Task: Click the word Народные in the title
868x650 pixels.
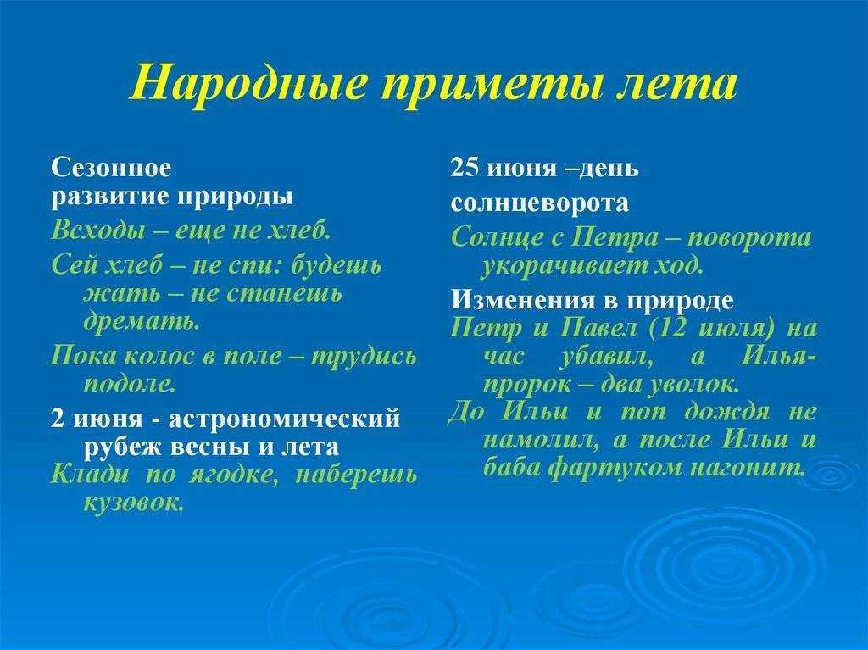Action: pos(250,82)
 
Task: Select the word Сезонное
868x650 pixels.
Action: pos(111,167)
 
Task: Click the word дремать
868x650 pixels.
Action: pos(142,321)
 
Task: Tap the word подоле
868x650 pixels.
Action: pos(130,384)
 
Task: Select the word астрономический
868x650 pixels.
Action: pos(284,418)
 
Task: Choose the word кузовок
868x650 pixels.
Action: pos(133,503)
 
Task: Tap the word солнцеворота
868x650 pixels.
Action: pos(540,203)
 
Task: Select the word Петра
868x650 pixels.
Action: pos(615,237)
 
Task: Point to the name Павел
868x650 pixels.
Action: pos(598,328)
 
